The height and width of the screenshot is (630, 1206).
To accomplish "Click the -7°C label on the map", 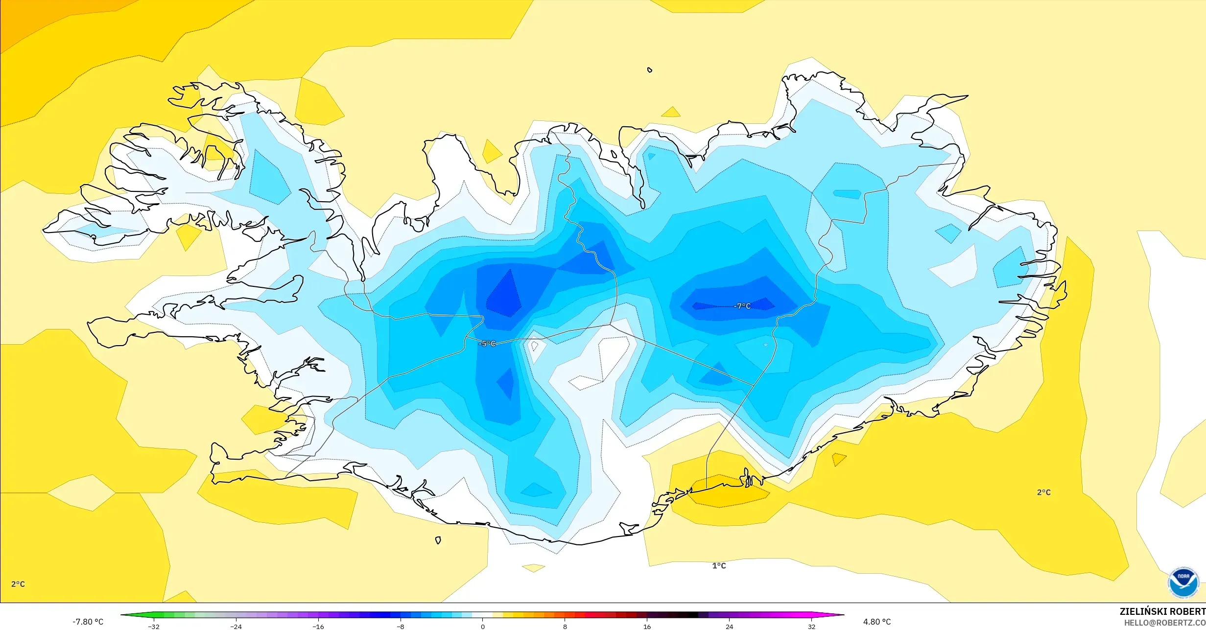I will [x=742, y=306].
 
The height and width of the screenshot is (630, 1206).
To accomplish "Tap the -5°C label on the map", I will [x=487, y=344].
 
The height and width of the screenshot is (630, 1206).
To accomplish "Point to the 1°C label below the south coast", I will [x=719, y=566].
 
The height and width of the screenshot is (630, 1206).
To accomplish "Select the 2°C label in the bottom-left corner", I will [x=18, y=584].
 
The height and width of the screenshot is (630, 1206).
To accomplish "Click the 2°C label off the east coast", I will [x=1043, y=492].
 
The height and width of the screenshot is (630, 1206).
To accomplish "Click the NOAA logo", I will [x=1183, y=583].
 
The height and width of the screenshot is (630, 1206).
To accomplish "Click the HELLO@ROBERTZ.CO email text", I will [x=1164, y=623].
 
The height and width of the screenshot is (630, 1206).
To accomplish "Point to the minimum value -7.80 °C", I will [x=88, y=622].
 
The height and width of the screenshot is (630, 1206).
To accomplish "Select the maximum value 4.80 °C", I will [x=876, y=622].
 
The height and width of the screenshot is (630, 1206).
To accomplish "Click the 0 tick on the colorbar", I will [x=483, y=627].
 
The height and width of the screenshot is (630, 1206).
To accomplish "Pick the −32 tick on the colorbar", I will [x=154, y=627].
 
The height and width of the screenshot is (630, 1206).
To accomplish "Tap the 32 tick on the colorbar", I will [x=811, y=627].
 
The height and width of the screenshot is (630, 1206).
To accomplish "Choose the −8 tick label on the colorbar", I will [x=400, y=627].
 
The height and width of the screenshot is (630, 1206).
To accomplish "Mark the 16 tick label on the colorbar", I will [x=647, y=627].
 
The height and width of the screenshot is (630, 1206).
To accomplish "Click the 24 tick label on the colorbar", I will [x=729, y=627].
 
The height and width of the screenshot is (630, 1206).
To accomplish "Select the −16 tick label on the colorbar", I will [x=318, y=627].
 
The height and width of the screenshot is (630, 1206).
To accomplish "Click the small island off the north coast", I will [x=650, y=70].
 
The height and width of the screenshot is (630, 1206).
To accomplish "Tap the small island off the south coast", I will [x=438, y=540].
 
